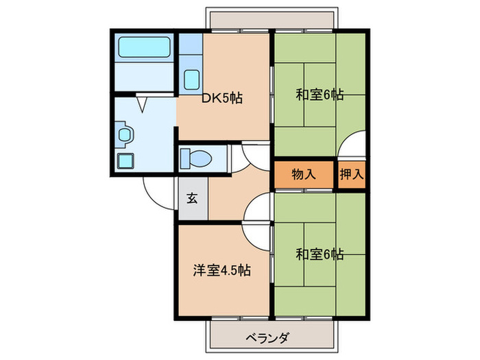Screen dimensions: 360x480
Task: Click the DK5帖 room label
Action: point(222,97)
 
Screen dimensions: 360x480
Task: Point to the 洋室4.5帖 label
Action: point(221,270)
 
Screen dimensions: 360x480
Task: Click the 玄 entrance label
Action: point(193,199)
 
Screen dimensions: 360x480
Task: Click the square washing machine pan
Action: point(125,161)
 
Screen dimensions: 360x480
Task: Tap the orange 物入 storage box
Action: point(304,174)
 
